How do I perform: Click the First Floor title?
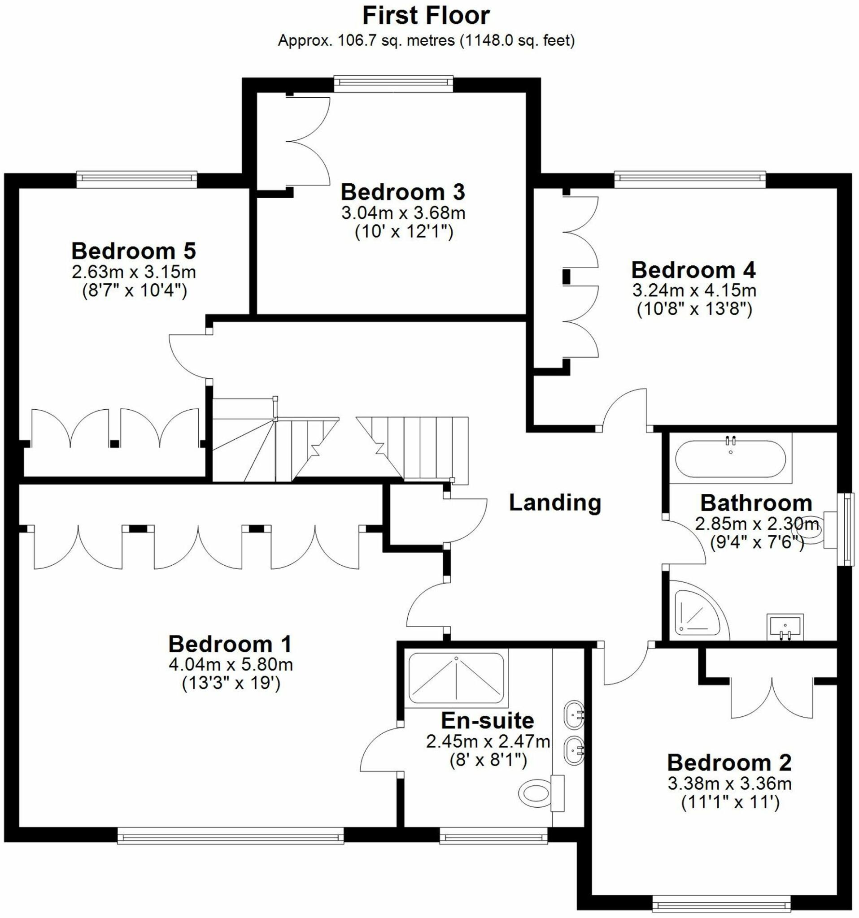426,16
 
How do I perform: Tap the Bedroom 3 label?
402,192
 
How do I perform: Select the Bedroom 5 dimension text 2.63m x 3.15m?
134,272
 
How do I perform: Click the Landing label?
554,502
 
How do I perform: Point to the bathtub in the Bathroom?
730,459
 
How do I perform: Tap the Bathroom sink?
785,627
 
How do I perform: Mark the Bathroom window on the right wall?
848,529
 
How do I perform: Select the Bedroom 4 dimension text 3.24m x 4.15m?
694,291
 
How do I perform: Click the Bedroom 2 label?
729,763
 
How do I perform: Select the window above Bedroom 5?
137,179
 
